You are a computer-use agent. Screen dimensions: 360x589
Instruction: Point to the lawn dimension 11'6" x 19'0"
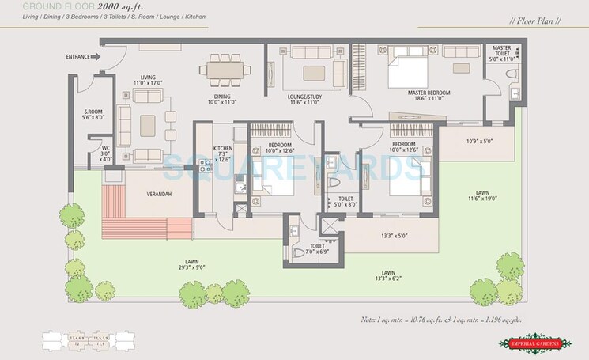(x=477, y=197)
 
